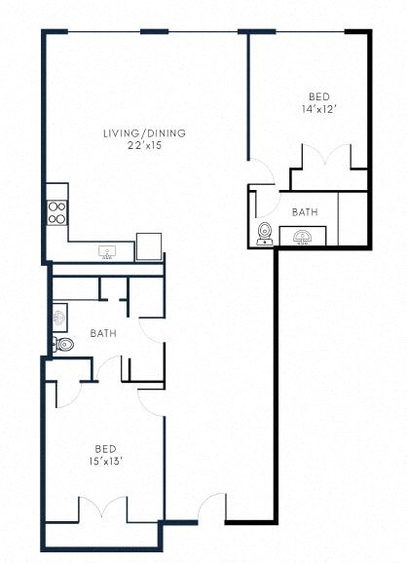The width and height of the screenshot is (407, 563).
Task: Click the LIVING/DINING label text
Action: click(145, 133)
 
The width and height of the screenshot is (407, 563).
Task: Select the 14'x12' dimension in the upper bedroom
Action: click(318, 109)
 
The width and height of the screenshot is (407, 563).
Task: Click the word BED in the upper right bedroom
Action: click(318, 96)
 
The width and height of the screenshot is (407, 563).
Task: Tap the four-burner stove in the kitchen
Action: click(56, 211)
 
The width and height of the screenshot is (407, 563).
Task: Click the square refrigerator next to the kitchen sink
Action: click(149, 246)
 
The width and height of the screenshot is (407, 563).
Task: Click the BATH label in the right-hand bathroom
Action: click(305, 211)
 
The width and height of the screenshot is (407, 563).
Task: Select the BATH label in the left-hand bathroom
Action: click(103, 333)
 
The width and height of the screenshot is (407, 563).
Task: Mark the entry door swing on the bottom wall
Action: click(211, 509)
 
